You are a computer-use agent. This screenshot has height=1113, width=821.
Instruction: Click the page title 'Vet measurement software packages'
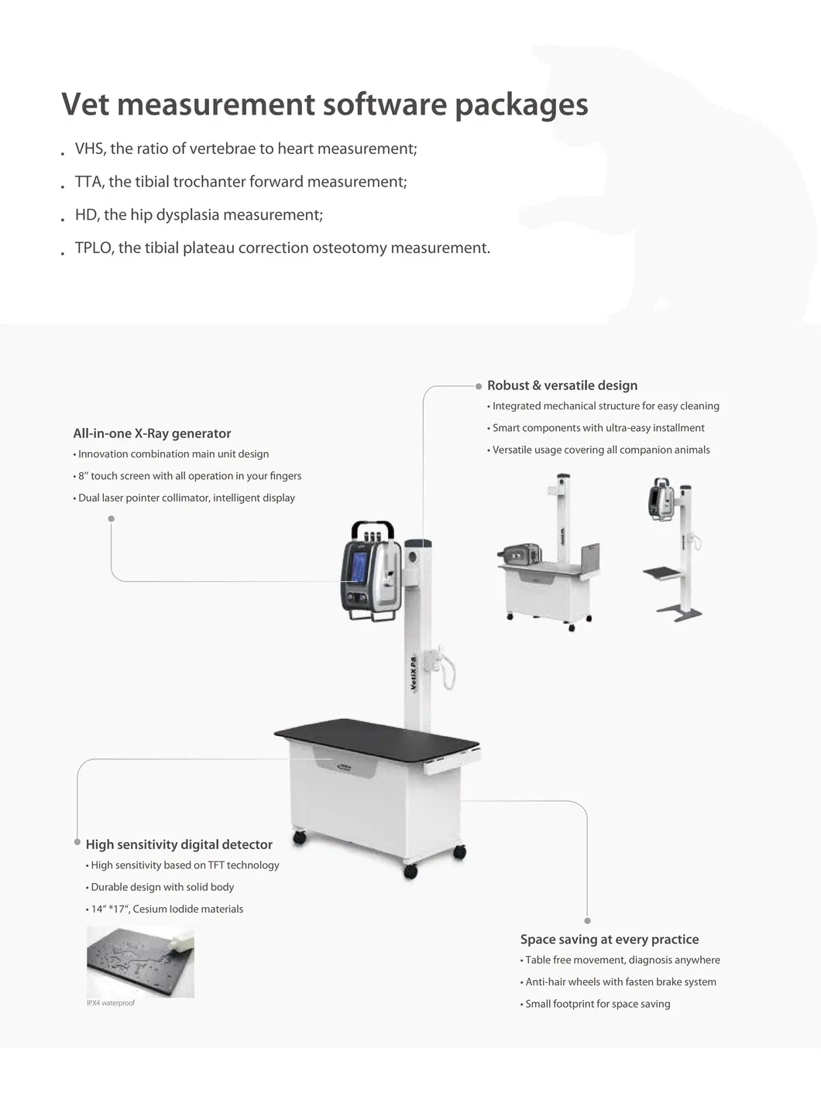click(x=325, y=104)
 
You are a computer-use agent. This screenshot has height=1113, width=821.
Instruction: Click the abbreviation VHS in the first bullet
click(x=89, y=149)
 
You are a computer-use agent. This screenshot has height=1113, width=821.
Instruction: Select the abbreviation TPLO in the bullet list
click(x=94, y=248)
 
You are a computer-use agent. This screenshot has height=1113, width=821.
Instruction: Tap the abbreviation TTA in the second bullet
click(x=89, y=182)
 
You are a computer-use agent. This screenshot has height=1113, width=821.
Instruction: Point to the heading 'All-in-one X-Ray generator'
click(x=152, y=433)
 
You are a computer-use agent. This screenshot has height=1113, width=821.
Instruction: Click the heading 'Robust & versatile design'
click(x=562, y=385)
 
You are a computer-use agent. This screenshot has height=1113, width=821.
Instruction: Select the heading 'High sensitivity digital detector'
click(x=179, y=844)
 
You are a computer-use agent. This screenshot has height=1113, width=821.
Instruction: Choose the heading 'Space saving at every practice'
click(x=610, y=939)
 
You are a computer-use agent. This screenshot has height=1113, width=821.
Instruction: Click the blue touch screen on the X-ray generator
click(x=359, y=564)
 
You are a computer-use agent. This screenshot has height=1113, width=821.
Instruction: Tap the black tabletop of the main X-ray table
click(x=376, y=740)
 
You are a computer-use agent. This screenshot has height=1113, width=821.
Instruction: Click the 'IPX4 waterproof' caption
click(x=111, y=1003)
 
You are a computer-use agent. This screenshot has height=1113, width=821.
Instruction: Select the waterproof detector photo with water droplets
click(x=140, y=961)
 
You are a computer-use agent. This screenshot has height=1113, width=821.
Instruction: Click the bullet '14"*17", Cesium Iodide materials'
click(x=167, y=909)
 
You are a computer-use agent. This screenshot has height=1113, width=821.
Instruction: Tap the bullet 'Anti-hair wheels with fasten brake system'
click(x=620, y=981)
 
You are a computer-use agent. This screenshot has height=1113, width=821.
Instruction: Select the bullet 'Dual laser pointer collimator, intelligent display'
click(x=186, y=498)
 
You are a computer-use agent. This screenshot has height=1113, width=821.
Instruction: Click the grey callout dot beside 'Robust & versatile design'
click(x=479, y=386)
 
